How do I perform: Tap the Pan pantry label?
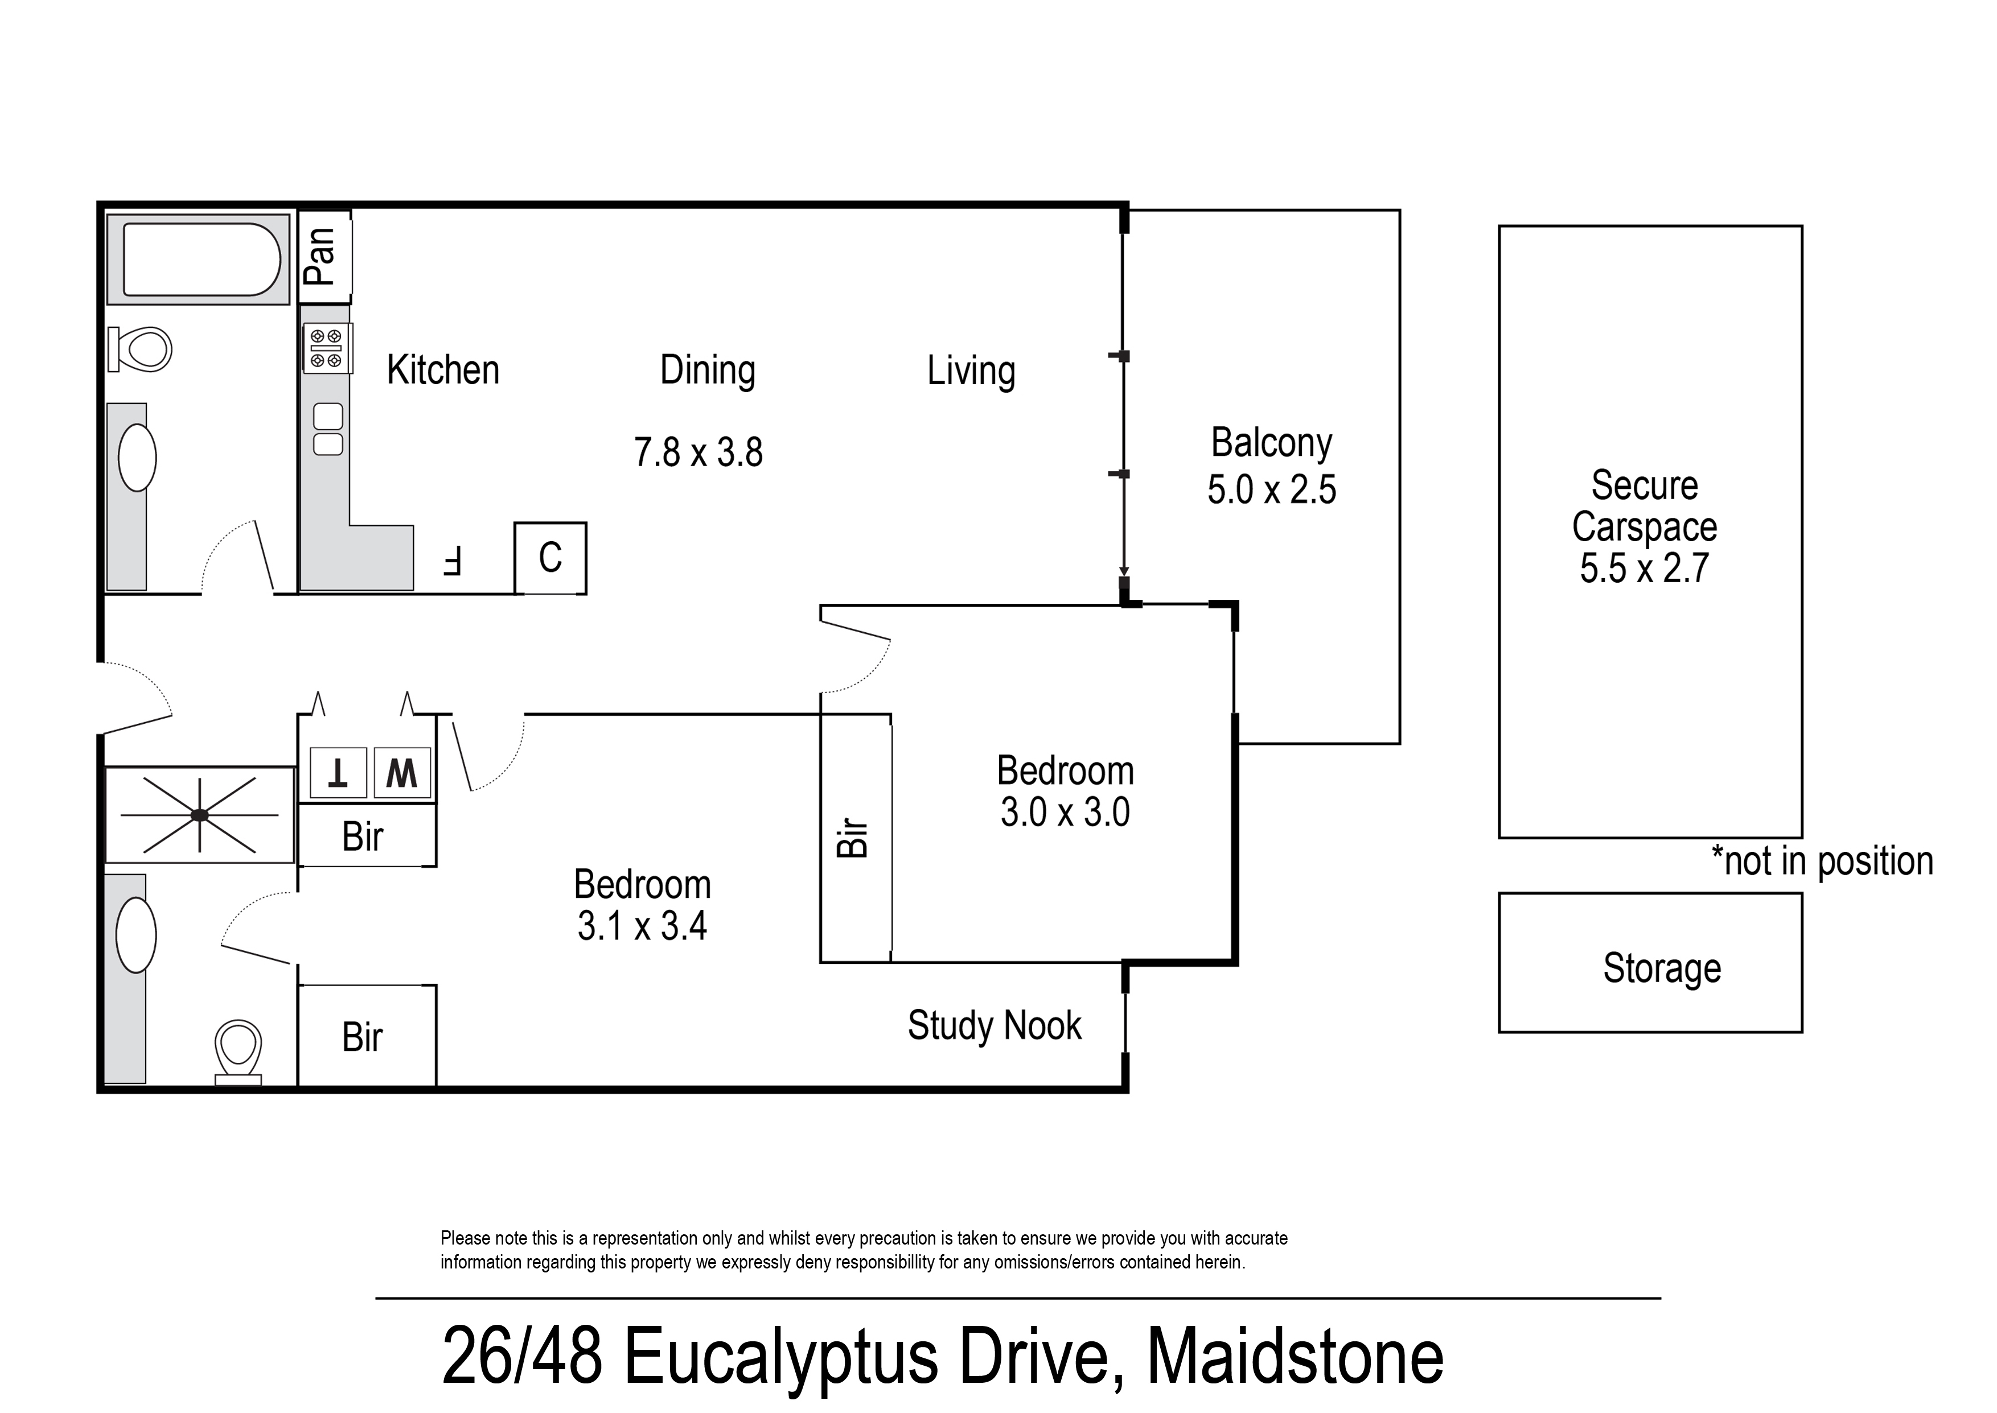pyautogui.click(x=320, y=257)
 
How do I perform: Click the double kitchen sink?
pyautogui.click(x=328, y=430)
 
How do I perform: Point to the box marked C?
pyautogui.click(x=550, y=558)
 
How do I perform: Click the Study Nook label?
pyautogui.click(x=994, y=1026)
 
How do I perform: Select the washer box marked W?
pyautogui.click(x=402, y=773)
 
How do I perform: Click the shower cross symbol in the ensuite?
pyautogui.click(x=199, y=815)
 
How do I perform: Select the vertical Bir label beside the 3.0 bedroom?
pyautogui.click(x=853, y=838)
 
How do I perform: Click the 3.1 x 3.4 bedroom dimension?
pyautogui.click(x=642, y=926)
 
